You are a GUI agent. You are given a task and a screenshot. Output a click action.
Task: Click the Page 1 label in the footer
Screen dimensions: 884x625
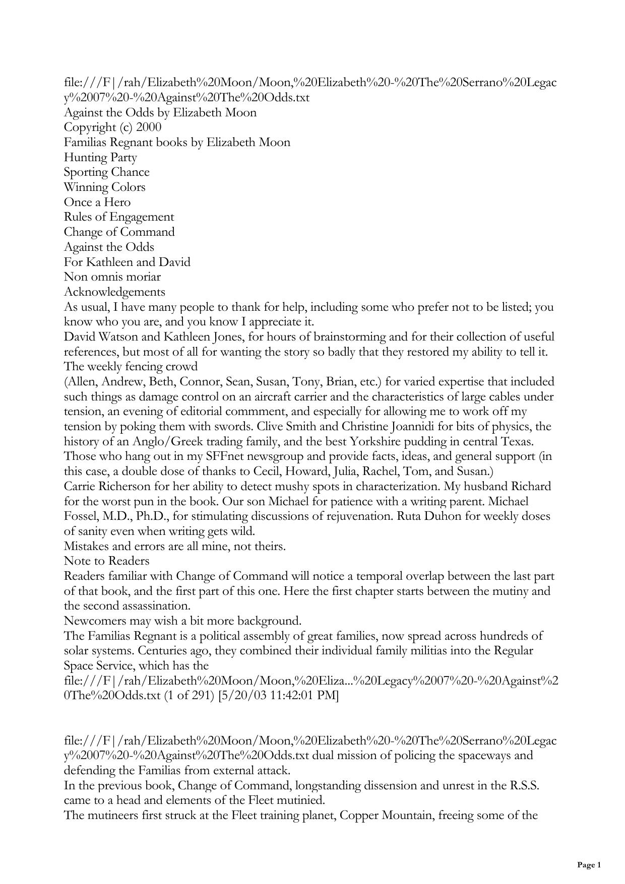click(x=589, y=865)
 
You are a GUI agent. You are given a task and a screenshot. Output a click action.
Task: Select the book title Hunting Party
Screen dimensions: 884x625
click(x=100, y=157)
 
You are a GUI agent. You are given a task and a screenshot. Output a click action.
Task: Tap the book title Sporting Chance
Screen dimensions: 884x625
click(x=106, y=172)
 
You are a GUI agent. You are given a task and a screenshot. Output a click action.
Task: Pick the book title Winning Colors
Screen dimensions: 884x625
click(x=104, y=187)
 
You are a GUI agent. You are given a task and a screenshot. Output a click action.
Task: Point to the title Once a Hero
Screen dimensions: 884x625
click(x=97, y=202)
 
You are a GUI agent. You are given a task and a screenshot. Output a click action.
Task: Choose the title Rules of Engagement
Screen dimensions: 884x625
click(x=118, y=217)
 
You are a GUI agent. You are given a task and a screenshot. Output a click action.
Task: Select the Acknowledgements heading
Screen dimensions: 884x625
click(x=114, y=292)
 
